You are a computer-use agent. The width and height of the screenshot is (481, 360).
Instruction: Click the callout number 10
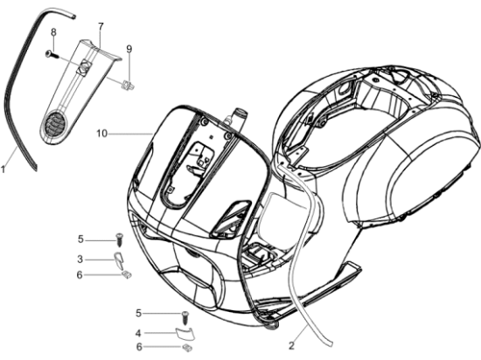pos(102,134)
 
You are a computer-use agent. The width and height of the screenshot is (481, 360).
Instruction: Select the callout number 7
pos(101,26)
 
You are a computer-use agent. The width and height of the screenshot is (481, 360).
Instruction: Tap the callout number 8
pos(53,31)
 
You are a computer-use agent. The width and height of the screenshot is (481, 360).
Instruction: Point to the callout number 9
pos(129,49)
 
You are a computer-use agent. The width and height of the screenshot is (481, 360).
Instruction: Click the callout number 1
pos(3,169)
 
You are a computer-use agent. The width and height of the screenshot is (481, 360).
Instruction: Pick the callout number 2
pos(291,346)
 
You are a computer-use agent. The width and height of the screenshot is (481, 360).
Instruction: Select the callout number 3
pos(80,260)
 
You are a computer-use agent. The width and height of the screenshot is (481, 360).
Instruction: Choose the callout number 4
pos(138,333)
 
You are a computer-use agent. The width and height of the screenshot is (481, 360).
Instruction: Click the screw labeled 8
pos(52,54)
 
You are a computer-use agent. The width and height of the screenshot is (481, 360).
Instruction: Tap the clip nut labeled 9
pos(128,85)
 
